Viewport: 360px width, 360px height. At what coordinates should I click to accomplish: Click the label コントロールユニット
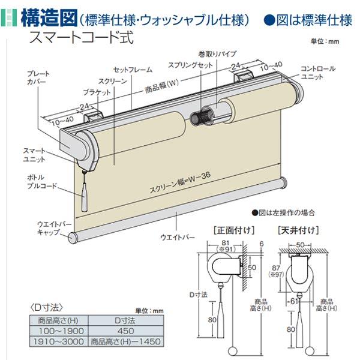316,74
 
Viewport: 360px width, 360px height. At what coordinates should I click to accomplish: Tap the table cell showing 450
126,331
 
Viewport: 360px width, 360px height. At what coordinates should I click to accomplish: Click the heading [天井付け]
298,229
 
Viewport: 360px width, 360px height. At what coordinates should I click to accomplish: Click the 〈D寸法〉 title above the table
46,307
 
